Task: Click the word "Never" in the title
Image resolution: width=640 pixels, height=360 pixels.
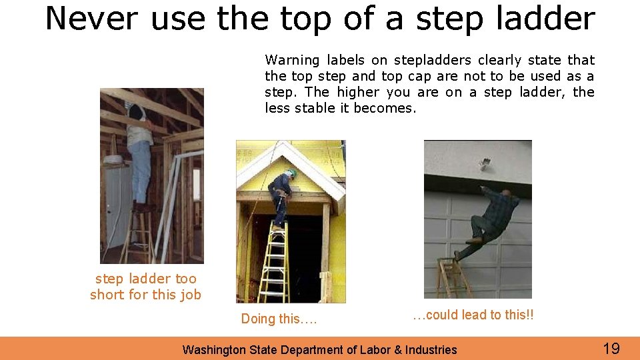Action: pyautogui.click(x=91, y=19)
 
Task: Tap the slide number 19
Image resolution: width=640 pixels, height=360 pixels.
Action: pyautogui.click(x=611, y=348)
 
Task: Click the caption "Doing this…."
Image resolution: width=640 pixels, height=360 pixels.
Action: pyautogui.click(x=279, y=319)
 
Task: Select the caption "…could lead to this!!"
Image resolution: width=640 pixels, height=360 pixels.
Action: pyautogui.click(x=473, y=315)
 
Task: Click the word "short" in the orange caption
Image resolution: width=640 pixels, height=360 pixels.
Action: pyautogui.click(x=108, y=295)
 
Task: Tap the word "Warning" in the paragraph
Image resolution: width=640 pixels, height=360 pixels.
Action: pyautogui.click(x=293, y=61)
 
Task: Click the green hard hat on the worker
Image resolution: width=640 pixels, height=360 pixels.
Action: pyautogui.click(x=291, y=173)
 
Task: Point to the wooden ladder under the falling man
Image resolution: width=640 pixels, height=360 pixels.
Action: pyautogui.click(x=454, y=277)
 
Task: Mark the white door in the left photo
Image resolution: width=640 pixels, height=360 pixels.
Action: pyautogui.click(x=117, y=207)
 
